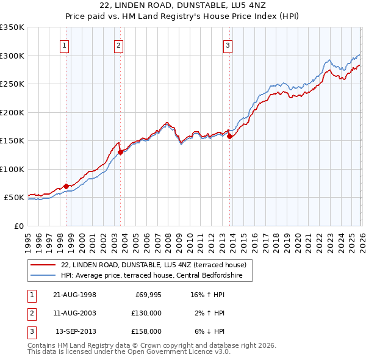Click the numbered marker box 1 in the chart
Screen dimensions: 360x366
tap(64, 45)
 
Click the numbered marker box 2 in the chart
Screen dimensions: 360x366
tap(118, 45)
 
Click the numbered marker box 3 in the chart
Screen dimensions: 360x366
tap(228, 45)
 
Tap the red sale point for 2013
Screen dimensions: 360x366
tap(229, 137)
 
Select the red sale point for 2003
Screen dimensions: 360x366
tap(121, 153)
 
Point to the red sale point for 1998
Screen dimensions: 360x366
tap(66, 186)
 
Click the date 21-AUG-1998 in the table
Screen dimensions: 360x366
tap(74, 295)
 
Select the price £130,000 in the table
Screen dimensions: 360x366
tap(146, 313)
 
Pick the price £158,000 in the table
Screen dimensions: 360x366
tap(146, 331)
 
